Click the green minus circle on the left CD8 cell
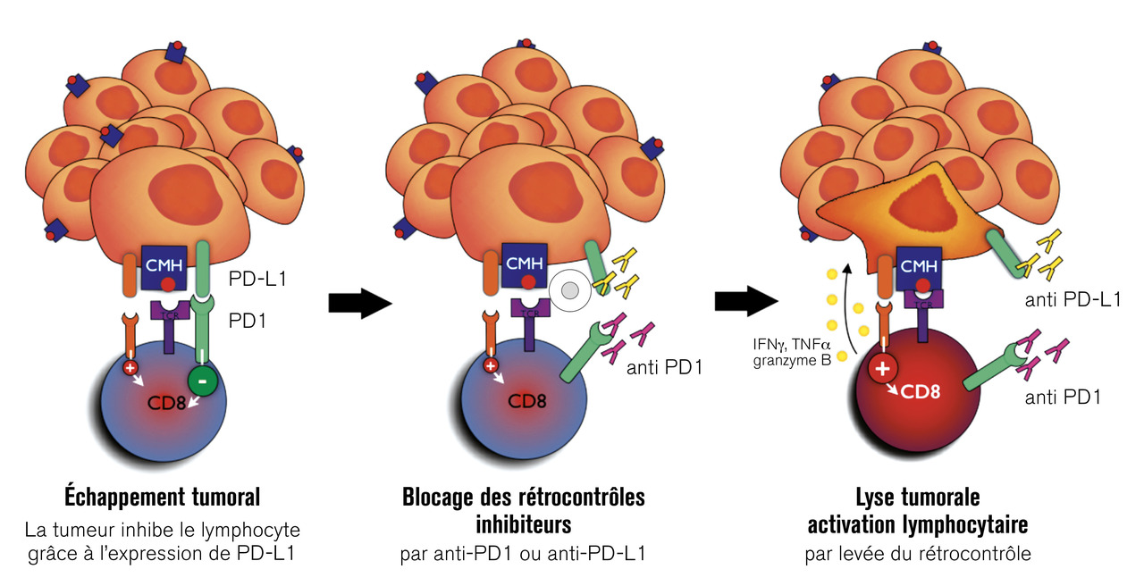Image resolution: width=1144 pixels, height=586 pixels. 202,381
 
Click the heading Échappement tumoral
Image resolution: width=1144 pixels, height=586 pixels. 162,496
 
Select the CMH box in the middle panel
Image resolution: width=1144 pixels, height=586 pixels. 524,264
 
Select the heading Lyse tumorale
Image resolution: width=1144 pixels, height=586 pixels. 918,496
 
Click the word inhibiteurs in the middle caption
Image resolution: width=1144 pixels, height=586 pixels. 523,520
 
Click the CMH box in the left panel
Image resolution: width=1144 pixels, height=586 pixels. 164,265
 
